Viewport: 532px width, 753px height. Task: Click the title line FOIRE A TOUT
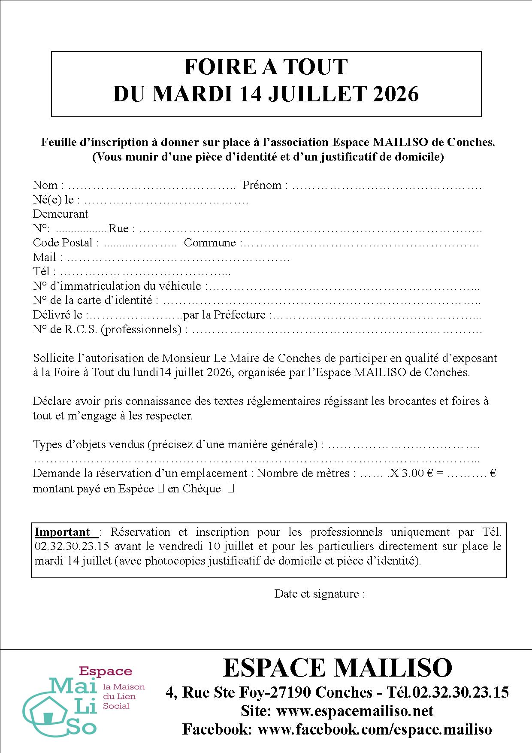pyautogui.click(x=266, y=67)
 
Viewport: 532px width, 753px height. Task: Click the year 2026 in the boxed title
pyautogui.click(x=396, y=94)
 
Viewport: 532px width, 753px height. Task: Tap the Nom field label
pyautogui.click(x=45, y=185)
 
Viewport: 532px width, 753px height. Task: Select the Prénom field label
pyautogui.click(x=262, y=185)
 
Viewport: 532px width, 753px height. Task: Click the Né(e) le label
pyautogui.click(x=53, y=200)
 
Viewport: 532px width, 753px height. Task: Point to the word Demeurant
pyautogui.click(x=60, y=214)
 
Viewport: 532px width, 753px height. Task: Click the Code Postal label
pyautogui.click(x=63, y=243)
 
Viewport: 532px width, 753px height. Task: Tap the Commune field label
pyautogui.click(x=210, y=243)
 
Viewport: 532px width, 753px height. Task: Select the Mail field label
pyautogui.click(x=45, y=257)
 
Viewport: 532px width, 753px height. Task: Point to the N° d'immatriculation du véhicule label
pyautogui.click(x=117, y=286)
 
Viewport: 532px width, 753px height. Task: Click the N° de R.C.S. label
pyautogui.click(x=107, y=329)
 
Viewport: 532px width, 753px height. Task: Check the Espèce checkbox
pyautogui.click(x=161, y=489)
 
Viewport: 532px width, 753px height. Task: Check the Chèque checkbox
pyautogui.click(x=231, y=488)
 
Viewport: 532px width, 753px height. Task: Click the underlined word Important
pyautogui.click(x=62, y=532)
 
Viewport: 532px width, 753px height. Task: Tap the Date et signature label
pyautogui.click(x=320, y=594)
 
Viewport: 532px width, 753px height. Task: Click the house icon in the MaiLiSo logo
pyautogui.click(x=48, y=710)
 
